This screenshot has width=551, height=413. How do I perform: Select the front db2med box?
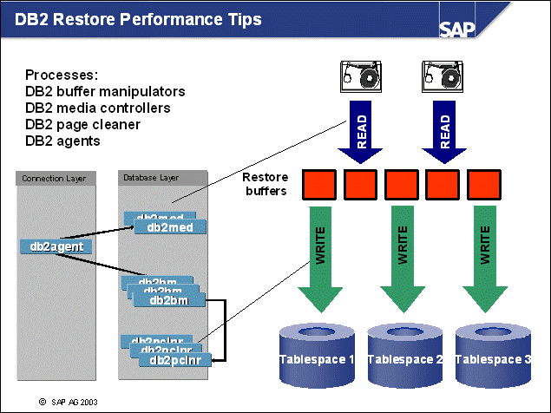click(169, 227)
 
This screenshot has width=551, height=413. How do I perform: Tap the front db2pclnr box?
click(175, 360)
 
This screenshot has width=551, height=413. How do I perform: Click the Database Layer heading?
click(151, 178)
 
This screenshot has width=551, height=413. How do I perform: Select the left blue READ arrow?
click(361, 130)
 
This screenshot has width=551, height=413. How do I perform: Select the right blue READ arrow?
click(444, 130)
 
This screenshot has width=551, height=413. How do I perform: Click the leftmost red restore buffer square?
click(318, 184)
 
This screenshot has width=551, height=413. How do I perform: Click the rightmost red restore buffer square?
click(482, 184)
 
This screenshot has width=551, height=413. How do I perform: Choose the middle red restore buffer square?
click(400, 184)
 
